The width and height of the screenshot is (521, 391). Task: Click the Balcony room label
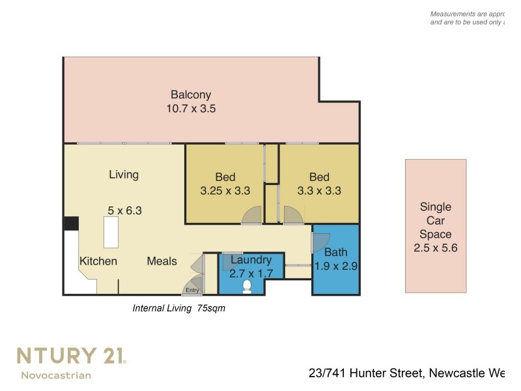(x=191, y=94)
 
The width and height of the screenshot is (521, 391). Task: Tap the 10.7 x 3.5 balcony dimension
(x=191, y=109)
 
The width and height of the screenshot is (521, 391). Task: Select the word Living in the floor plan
(x=124, y=175)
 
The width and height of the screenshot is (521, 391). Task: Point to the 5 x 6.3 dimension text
(x=124, y=210)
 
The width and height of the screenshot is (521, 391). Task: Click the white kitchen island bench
(x=111, y=233)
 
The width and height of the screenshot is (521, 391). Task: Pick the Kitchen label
(x=98, y=261)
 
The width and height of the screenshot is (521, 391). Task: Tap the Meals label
(x=162, y=261)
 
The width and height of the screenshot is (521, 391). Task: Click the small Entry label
(x=192, y=290)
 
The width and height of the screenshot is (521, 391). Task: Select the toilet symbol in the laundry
(x=247, y=286)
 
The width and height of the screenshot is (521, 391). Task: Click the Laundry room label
(x=251, y=260)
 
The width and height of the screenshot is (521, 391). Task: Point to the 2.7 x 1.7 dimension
(x=251, y=274)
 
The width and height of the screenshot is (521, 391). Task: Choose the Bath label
(x=335, y=252)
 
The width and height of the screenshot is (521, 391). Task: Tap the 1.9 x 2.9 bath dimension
(x=336, y=266)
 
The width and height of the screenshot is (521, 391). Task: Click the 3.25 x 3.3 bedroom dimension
(x=225, y=191)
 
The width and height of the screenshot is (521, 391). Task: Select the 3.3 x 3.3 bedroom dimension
(x=319, y=191)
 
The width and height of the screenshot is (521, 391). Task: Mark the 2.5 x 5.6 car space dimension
(x=436, y=248)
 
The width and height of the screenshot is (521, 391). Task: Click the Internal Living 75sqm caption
(x=178, y=308)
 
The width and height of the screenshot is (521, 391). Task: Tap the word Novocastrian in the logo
(x=56, y=375)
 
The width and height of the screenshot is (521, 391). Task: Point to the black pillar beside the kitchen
(x=71, y=224)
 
